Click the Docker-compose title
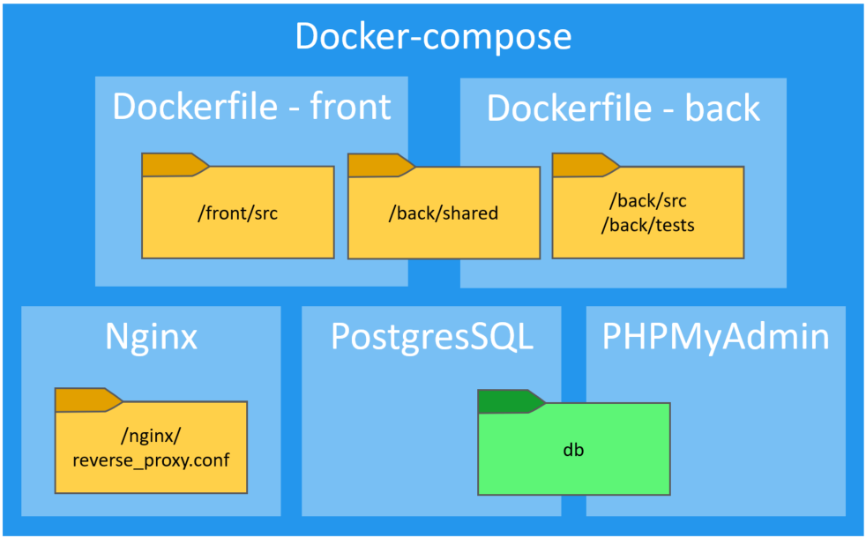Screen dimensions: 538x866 (433, 37)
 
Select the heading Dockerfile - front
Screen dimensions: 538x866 (251, 107)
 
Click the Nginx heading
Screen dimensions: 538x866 (151, 337)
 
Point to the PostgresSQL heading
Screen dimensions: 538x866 (432, 337)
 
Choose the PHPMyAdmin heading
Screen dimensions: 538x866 (715, 337)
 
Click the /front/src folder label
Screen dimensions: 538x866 (238, 213)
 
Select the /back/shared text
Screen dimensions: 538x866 (444, 213)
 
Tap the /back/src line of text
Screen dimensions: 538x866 (648, 201)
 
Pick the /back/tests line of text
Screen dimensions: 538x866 (648, 226)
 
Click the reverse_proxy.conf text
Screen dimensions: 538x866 (151, 459)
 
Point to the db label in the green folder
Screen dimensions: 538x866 (574, 450)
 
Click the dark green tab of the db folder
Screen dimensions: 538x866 (508, 401)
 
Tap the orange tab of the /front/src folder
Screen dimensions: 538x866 (171, 164)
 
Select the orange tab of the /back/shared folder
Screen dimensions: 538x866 (377, 165)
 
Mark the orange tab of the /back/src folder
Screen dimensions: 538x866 (582, 164)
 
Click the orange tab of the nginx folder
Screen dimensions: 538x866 (85, 400)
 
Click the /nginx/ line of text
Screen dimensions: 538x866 (151, 435)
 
